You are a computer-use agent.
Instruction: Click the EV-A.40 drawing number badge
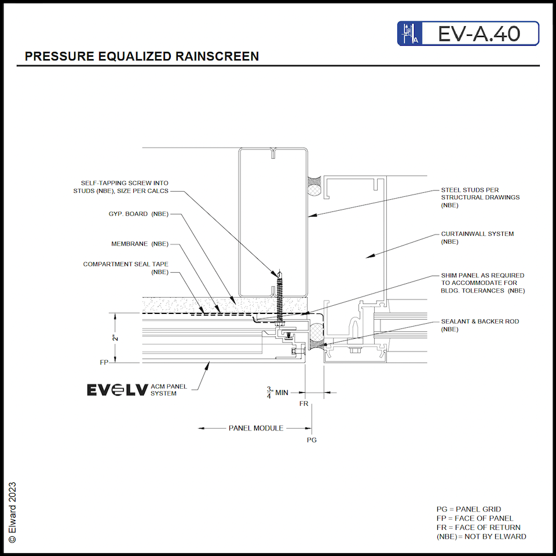click(468, 34)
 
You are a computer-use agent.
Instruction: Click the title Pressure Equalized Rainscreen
click(142, 56)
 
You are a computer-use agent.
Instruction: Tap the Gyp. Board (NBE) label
click(138, 214)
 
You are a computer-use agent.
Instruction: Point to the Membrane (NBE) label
click(140, 244)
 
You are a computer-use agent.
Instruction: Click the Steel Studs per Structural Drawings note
click(472, 197)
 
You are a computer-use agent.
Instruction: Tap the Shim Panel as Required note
click(482, 283)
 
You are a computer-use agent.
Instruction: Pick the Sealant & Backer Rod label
click(480, 325)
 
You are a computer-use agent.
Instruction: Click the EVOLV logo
click(118, 390)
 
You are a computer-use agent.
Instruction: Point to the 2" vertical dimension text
click(116, 338)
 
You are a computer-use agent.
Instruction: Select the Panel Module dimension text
click(255, 428)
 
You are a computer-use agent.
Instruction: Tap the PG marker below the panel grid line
click(312, 440)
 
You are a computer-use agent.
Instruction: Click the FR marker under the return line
click(303, 404)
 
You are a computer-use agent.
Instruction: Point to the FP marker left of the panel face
click(104, 362)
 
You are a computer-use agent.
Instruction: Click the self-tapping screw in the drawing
click(280, 298)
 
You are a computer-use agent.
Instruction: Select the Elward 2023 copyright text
click(13, 512)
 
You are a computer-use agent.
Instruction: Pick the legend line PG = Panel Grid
click(469, 509)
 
